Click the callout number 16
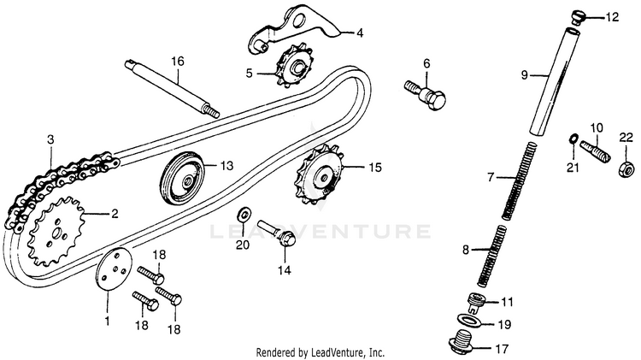177,61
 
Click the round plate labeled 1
110,273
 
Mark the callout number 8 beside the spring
466,251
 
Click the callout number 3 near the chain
50,139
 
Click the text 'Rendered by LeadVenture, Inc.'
320,352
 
